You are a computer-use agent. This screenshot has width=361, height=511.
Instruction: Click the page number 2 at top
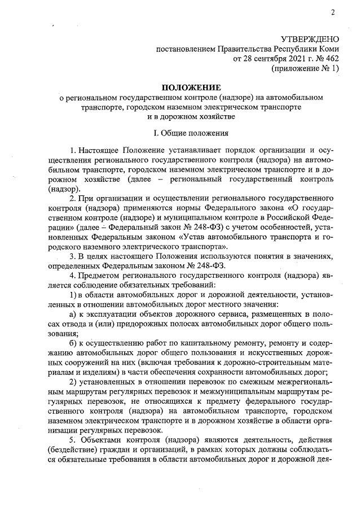(x=333, y=12)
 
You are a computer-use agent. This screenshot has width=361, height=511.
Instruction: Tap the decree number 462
(x=332, y=58)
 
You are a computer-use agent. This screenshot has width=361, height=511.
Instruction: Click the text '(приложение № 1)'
(x=305, y=68)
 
